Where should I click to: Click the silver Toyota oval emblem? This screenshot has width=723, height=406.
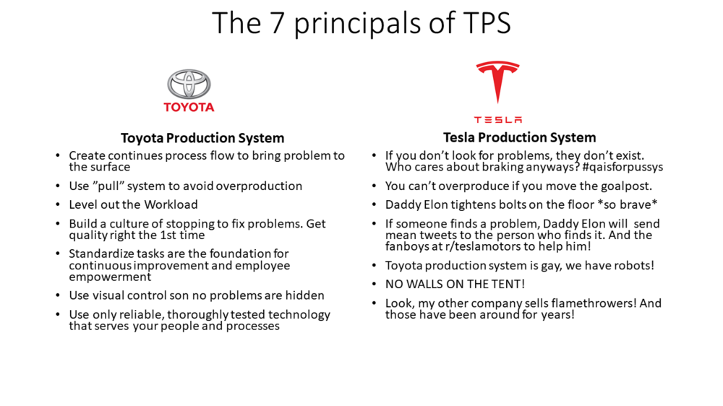click(x=189, y=84)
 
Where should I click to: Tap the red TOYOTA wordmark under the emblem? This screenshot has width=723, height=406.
click(x=189, y=108)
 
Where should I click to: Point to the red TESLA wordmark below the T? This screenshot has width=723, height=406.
click(x=498, y=120)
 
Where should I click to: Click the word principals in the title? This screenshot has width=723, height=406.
click(x=357, y=24)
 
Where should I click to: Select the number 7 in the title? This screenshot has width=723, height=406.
click(x=277, y=23)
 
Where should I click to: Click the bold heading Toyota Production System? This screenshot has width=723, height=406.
click(x=202, y=138)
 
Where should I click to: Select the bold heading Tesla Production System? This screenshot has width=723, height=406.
click(x=520, y=137)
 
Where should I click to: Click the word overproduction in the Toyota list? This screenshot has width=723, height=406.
click(x=259, y=186)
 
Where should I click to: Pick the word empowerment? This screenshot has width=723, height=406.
click(x=110, y=277)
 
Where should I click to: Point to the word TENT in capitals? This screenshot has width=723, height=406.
click(x=508, y=285)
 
